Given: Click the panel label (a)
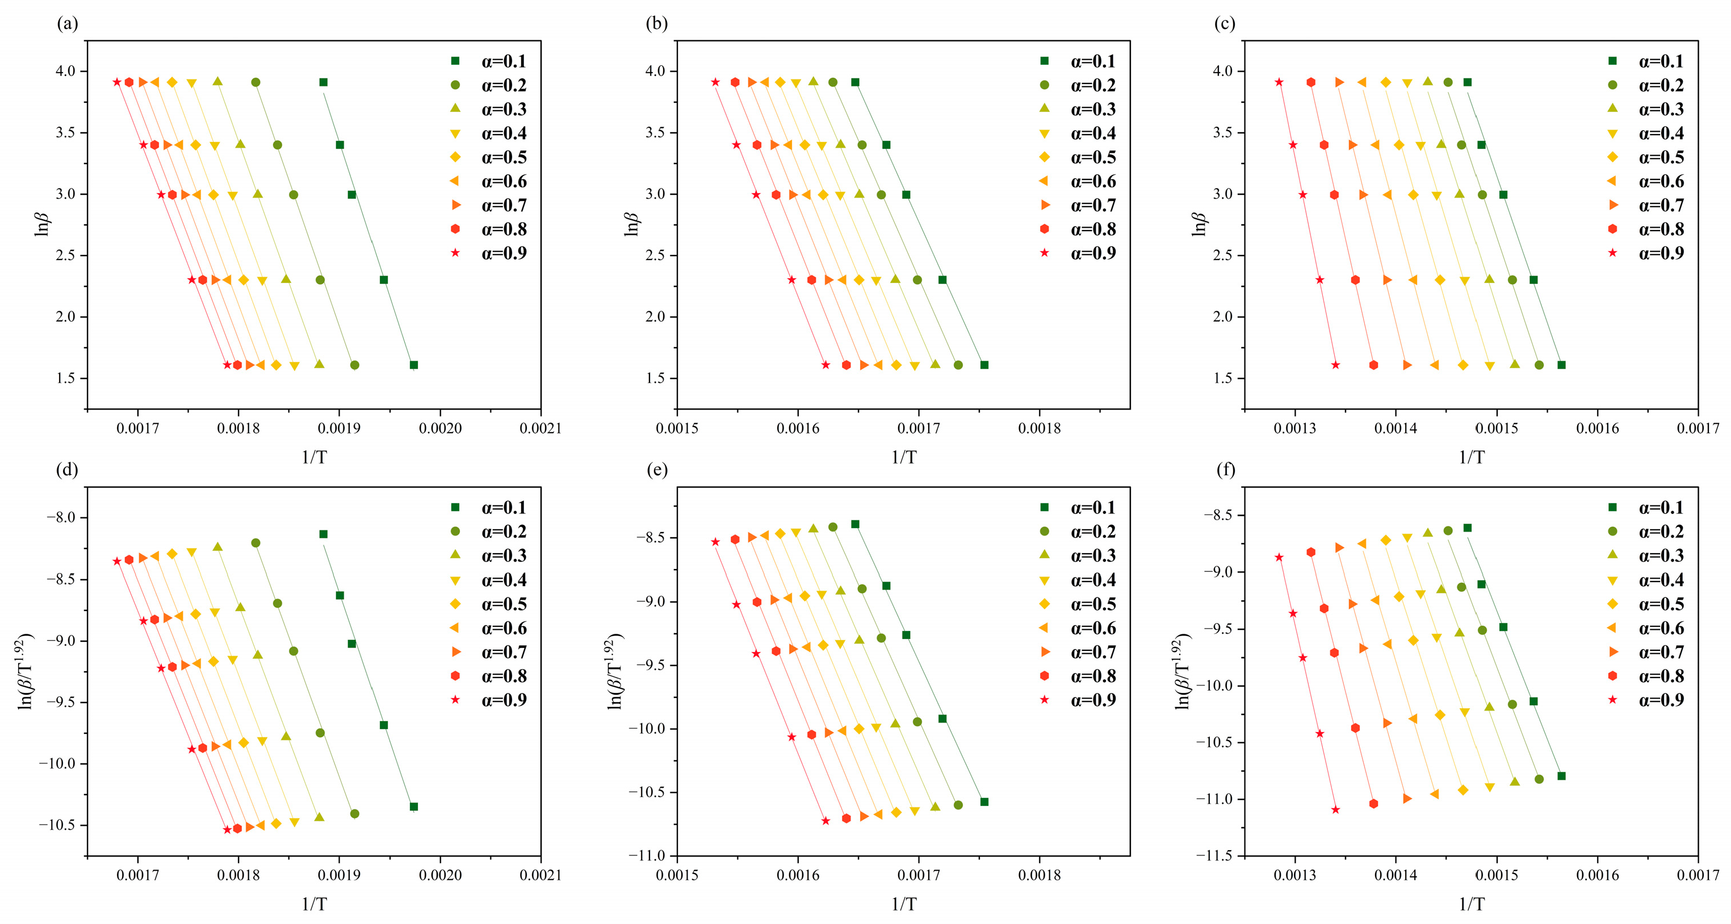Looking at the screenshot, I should [x=67, y=25].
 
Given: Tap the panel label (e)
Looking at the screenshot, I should [x=656, y=470].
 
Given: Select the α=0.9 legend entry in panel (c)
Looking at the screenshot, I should [x=1648, y=253].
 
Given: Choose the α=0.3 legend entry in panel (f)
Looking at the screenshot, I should [x=1648, y=556].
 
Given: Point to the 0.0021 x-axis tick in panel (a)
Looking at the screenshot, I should [x=540, y=428].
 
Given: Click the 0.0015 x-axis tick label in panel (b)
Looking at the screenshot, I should [x=677, y=428].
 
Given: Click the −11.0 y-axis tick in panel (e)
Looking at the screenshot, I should [x=647, y=855].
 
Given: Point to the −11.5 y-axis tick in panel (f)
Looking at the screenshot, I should [x=1214, y=855].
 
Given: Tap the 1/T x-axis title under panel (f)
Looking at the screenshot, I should [x=1471, y=904].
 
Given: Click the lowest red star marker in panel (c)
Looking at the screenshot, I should [x=1335, y=365].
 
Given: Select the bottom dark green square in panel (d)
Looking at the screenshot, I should [x=414, y=806].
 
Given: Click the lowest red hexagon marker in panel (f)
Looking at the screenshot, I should [x=1373, y=804].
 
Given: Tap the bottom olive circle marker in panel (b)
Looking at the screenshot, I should [x=958, y=365].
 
